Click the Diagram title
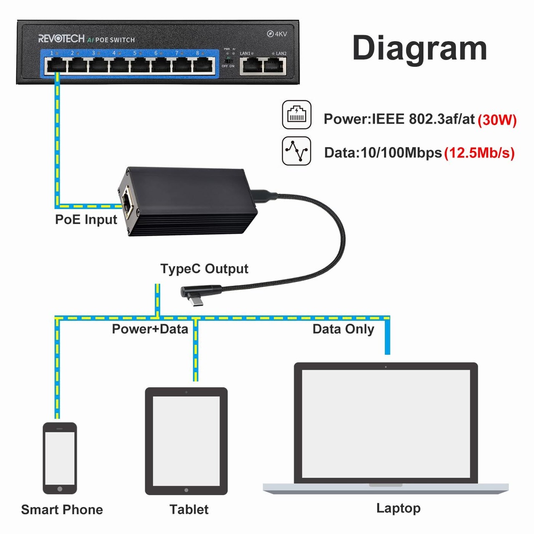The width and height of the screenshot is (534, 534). pos(419,48)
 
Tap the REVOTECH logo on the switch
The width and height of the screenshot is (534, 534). pos(61,39)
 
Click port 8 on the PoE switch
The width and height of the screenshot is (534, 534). pos(203,65)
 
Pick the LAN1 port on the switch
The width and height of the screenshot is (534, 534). pos(251,66)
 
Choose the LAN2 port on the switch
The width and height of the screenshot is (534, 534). pos(275,66)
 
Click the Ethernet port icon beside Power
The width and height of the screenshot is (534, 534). pos(297,114)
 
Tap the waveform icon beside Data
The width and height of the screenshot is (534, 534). pos(297,151)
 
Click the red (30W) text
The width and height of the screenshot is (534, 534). pos(497,120)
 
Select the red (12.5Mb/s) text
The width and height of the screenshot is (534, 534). pos(479,153)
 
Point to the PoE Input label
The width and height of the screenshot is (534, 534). pos(86,219)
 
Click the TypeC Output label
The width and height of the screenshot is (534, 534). pos(204,269)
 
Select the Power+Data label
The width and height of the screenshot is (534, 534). pos(150,329)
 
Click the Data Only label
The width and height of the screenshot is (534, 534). pos(343,329)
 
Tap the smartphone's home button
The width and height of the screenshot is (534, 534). pos(60,489)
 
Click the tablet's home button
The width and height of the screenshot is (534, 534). pos(186,490)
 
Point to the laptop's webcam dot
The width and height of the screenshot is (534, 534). pos(385,367)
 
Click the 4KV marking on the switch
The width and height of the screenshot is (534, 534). pos(277,34)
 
